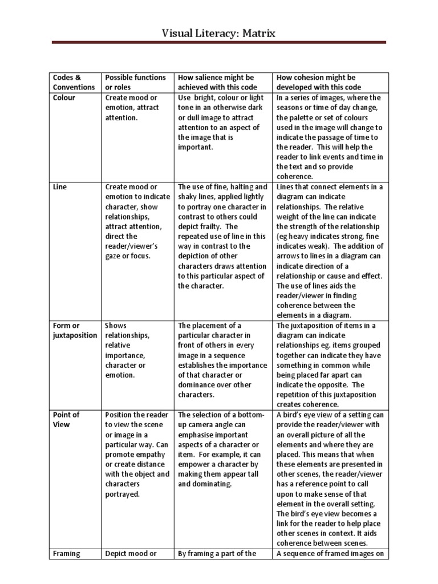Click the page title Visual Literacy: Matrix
coord(218,33)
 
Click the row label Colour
coord(64,98)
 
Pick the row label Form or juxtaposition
coord(75,330)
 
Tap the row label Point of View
coord(66,419)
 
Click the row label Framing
coord(67,553)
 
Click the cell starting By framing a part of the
coord(219,553)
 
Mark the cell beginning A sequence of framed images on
coord(329,553)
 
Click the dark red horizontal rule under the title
coord(218,43)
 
